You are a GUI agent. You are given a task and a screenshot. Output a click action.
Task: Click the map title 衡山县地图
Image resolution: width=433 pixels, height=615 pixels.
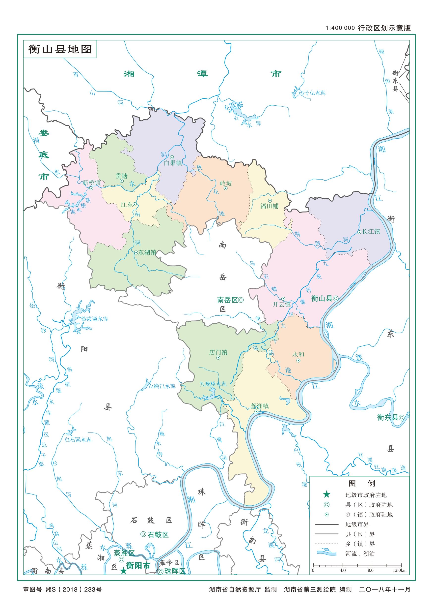pyautogui.click(x=60, y=49)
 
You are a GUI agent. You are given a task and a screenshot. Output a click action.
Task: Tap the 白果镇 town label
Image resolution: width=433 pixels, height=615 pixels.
pyautogui.click(x=173, y=163)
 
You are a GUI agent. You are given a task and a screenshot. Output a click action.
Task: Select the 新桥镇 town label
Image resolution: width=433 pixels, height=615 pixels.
pyautogui.click(x=91, y=183)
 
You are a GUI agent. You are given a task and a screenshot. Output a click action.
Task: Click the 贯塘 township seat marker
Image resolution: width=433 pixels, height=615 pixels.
pyautogui.click(x=122, y=181)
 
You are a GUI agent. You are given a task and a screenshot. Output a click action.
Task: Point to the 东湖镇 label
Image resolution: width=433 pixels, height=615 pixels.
pyautogui.click(x=147, y=252)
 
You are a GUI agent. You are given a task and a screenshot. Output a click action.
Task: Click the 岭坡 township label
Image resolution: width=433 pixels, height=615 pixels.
pyautogui.click(x=226, y=183)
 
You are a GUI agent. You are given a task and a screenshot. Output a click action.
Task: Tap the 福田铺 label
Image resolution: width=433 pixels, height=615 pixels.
pyautogui.click(x=269, y=206)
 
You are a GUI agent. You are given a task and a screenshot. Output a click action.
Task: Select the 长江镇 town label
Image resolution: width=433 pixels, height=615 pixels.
pyautogui.click(x=371, y=231)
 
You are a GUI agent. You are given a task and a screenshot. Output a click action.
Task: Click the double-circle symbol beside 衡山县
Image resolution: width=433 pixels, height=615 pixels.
pyautogui.click(x=335, y=298)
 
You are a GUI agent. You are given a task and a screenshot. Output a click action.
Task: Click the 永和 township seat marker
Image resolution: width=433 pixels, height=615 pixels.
pyautogui.click(x=298, y=361)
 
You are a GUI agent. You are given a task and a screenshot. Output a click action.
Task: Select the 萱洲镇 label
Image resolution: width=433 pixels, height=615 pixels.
pyautogui.click(x=259, y=406)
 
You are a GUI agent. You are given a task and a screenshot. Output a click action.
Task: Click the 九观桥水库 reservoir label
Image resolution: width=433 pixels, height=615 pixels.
pyautogui.click(x=213, y=384)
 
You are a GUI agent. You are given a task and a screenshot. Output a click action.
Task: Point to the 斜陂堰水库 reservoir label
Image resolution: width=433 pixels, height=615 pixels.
pyautogui.click(x=95, y=319)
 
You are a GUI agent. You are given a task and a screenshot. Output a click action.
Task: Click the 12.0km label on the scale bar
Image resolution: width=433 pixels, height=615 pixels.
pyautogui.click(x=399, y=571)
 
